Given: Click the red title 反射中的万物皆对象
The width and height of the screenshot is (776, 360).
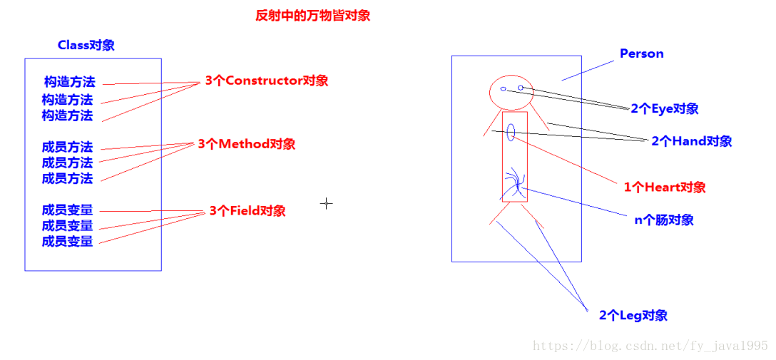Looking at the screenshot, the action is point(313,16).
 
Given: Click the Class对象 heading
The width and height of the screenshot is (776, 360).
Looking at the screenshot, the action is point(86,45).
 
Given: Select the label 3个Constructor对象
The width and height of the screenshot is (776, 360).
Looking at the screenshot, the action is point(267,81).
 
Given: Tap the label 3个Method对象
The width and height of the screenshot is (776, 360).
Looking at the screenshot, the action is point(246,144).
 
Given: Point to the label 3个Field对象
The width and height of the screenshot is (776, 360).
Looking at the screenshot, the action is point(247,211).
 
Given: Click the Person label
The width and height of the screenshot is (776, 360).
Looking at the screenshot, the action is point(641,53).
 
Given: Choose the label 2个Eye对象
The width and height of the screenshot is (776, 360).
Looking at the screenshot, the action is point(664,109).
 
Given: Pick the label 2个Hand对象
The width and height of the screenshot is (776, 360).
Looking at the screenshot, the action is point(691,141).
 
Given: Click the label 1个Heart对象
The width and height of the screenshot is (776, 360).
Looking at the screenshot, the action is point(665,187).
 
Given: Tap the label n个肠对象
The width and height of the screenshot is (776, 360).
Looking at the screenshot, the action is point(664,220).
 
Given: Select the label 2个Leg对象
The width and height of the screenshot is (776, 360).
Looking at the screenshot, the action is point(633,315).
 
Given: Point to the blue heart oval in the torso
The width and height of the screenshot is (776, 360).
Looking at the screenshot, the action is point(511,132).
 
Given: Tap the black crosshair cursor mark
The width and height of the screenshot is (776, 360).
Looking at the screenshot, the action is point(326,203).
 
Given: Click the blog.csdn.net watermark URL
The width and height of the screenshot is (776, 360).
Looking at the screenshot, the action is point(650,346).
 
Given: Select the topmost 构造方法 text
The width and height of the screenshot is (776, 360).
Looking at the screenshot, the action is point(69,82).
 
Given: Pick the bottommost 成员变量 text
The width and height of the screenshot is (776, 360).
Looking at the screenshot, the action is point(67,242).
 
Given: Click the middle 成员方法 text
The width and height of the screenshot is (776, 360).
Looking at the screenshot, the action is point(67,163).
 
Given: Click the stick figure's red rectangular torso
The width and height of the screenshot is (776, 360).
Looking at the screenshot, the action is point(514,157).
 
